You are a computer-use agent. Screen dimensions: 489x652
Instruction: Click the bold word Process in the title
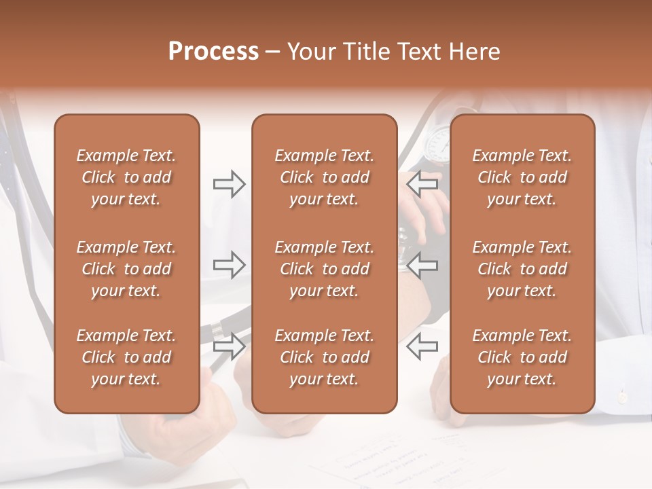click(213, 52)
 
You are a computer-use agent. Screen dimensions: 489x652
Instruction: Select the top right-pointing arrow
click(229, 184)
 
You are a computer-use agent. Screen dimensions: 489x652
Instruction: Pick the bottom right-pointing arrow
click(229, 347)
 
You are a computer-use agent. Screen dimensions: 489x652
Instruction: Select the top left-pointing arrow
click(422, 184)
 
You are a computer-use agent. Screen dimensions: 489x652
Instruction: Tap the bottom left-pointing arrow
click(422, 347)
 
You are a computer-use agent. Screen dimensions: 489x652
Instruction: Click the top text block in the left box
click(126, 177)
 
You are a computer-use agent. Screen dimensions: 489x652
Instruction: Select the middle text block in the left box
click(126, 269)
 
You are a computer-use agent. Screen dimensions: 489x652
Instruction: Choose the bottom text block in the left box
click(126, 357)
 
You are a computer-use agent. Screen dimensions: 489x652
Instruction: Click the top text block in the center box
click(324, 177)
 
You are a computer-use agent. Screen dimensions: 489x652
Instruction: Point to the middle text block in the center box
click(324, 269)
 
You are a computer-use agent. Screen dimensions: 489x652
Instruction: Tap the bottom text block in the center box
click(324, 357)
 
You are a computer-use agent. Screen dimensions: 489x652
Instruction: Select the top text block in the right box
click(522, 177)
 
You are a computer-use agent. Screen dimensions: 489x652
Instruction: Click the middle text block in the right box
click(522, 269)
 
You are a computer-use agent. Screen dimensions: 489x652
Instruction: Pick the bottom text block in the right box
click(522, 357)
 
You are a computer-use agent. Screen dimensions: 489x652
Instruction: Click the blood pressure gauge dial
click(437, 141)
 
